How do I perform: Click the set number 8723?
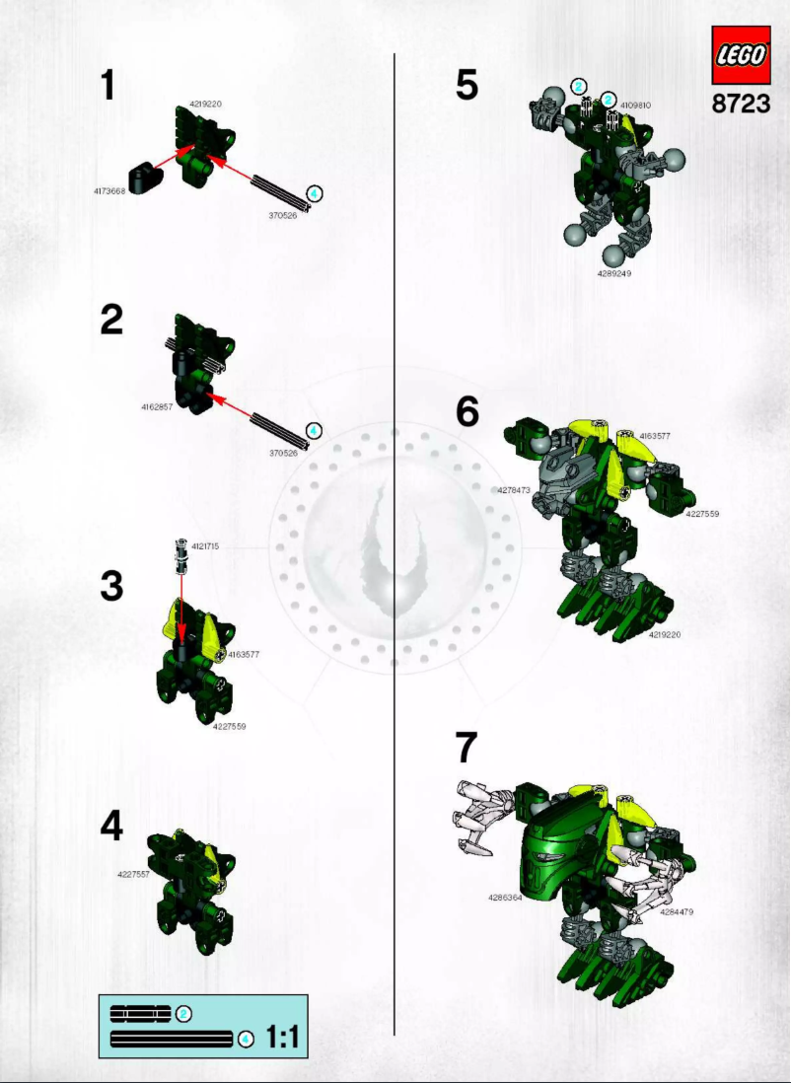[741, 104]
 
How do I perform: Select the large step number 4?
[111, 826]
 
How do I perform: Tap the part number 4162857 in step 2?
[157, 405]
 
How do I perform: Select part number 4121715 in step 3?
[206, 545]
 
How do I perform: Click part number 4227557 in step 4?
[133, 874]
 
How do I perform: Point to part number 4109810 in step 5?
[636, 105]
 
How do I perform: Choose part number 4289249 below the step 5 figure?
[613, 273]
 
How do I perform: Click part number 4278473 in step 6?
[514, 489]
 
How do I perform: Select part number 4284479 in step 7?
[677, 911]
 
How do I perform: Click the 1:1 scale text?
[282, 1037]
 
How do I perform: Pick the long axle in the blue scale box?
[171, 1038]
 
